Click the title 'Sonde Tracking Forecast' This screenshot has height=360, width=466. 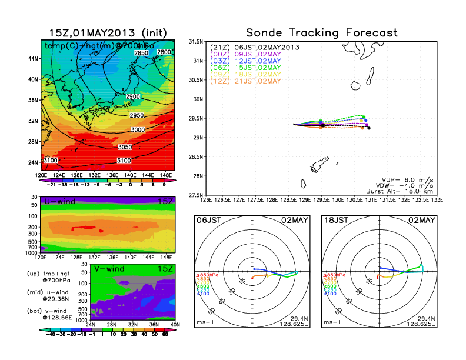[321, 32]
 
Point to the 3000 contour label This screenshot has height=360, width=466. [138, 129]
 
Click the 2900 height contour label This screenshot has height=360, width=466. [133, 96]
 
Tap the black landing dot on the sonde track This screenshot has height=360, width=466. [369, 128]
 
